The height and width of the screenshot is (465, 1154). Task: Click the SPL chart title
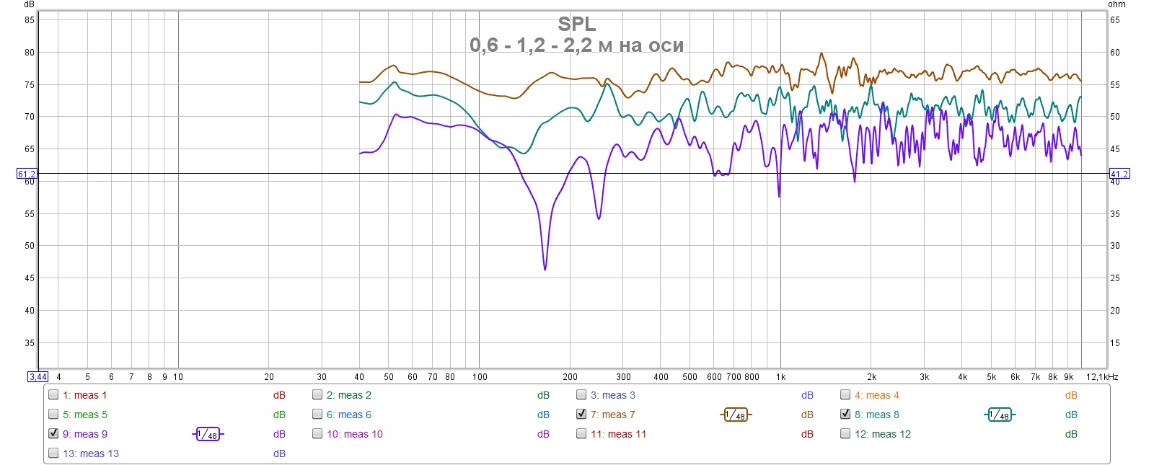coord(576,25)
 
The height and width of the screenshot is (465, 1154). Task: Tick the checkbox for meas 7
coord(581,414)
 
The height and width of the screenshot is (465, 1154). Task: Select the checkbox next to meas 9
coord(53,433)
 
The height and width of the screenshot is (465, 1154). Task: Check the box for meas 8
coord(845,414)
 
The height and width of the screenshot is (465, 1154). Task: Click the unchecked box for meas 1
coord(53,394)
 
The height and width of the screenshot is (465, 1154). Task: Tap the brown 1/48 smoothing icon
coord(736,415)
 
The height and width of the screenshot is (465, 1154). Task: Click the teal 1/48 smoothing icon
coord(1000,415)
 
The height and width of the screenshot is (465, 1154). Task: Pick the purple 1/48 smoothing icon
coord(208,434)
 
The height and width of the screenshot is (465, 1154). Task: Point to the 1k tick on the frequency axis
coord(780,376)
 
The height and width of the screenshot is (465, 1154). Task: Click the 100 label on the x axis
coord(480,376)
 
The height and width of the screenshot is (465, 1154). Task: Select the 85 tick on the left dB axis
coord(30,20)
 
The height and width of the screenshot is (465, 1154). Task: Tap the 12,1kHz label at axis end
coord(1102,376)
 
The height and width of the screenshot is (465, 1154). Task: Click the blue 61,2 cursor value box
coord(27,174)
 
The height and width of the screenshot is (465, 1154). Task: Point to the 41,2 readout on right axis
coord(1119,174)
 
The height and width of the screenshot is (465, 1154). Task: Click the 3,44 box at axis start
coord(38,376)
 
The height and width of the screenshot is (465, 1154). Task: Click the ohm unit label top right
coord(1116,4)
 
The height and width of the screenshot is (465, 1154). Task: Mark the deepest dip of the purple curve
coord(545,269)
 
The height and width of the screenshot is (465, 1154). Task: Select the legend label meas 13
coord(91,453)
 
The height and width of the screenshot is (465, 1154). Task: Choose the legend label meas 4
coord(876,395)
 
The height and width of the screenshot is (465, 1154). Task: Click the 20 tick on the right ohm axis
coord(1115,311)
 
